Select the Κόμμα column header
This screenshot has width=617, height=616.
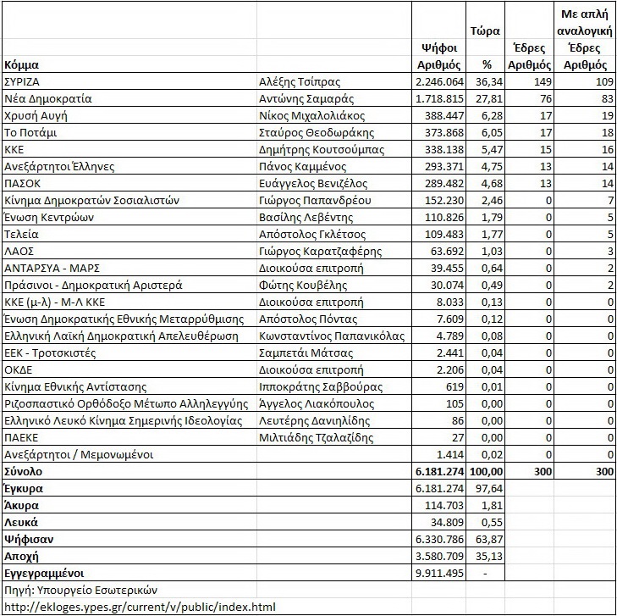coord(21,64)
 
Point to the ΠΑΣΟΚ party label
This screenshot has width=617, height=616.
coord(25,183)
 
